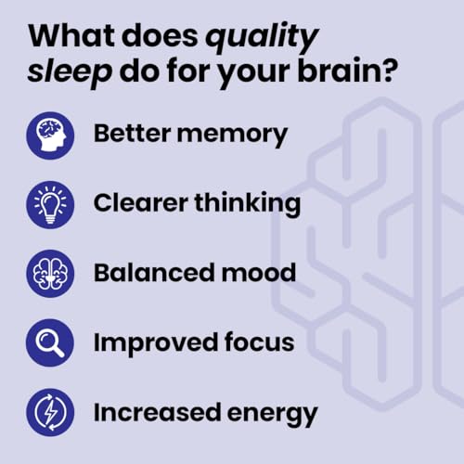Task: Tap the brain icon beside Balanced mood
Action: pos(50,274)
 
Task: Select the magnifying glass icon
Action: pos(50,342)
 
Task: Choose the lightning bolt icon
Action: pos(50,412)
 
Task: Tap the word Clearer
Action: pos(139,203)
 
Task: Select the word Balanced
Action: pos(148,273)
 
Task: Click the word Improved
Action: pos(152,342)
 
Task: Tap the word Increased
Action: pos(153,411)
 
